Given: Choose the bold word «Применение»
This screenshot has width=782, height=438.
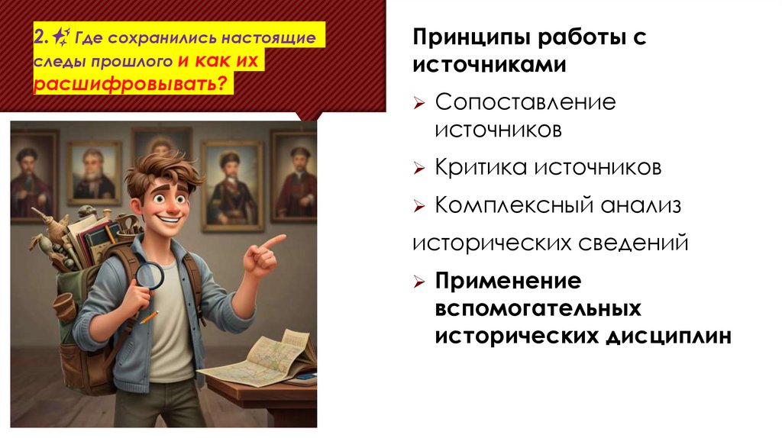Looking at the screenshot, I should coord(508,282).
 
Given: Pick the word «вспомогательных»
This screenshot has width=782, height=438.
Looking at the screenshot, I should coord(538,309).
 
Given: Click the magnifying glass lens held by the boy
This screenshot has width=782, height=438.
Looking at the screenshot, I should coord(150,275).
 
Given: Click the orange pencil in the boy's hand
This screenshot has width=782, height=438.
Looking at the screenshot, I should coord(150,317).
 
